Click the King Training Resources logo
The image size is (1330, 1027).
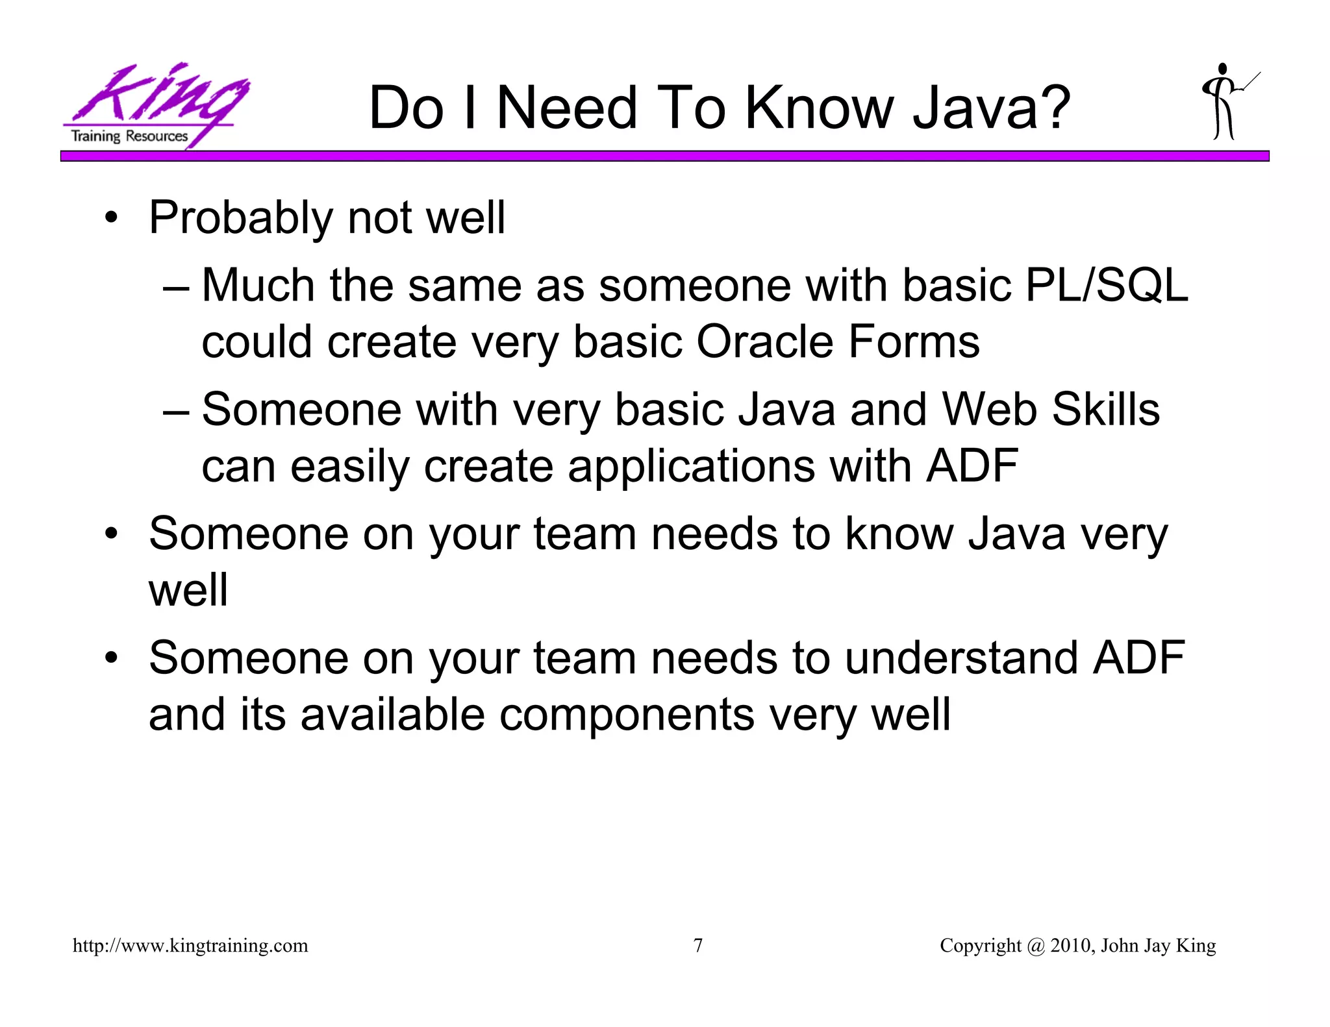155,106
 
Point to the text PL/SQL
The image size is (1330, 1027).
1105,286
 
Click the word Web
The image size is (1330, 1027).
989,410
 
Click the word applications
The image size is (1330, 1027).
691,467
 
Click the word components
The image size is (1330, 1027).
626,715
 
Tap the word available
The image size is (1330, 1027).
392,715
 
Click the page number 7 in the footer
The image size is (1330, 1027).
698,946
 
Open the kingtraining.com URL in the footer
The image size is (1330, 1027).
190,946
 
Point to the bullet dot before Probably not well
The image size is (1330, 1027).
112,219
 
